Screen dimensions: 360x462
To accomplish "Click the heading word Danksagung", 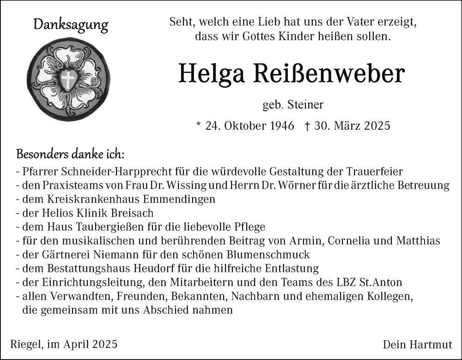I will click(71, 25).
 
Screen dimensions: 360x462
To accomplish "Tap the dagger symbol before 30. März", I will click(307, 126).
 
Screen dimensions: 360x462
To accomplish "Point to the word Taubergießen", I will click(109, 227).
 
